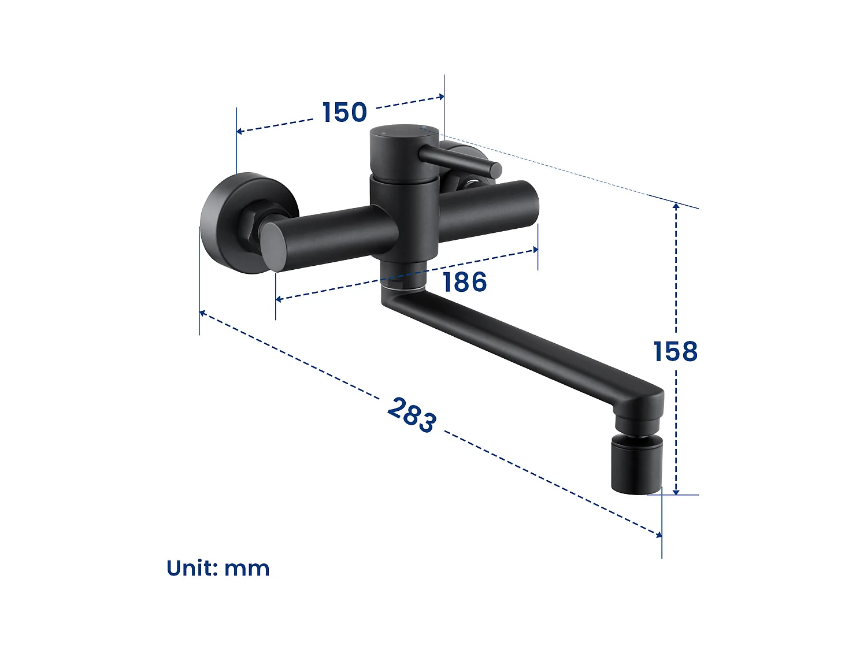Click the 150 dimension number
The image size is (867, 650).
[x=344, y=112]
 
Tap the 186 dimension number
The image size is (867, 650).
[x=465, y=283]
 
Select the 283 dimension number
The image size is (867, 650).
[x=412, y=414]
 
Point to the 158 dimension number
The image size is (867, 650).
[x=675, y=351]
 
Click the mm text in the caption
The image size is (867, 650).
[x=247, y=569]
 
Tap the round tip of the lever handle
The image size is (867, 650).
[x=495, y=170]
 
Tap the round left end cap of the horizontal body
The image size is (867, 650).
[x=273, y=246]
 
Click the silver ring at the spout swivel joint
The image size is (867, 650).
[x=403, y=284]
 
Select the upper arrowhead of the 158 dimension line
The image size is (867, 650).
[x=676, y=206]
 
